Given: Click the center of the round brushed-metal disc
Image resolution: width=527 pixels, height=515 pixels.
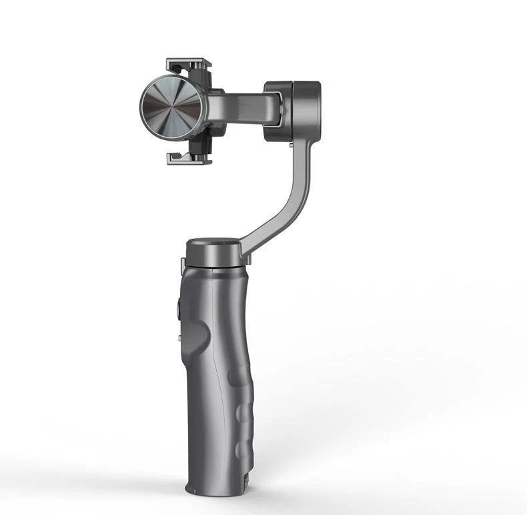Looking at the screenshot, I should (x=171, y=107).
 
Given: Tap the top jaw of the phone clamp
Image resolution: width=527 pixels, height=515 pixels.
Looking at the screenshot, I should (x=189, y=65).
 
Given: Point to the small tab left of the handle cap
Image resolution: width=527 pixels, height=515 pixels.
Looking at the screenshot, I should (x=183, y=266).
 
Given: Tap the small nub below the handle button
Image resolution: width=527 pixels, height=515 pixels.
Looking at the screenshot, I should (x=180, y=340).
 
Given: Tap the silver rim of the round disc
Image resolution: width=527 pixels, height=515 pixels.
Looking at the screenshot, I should (x=143, y=107).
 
